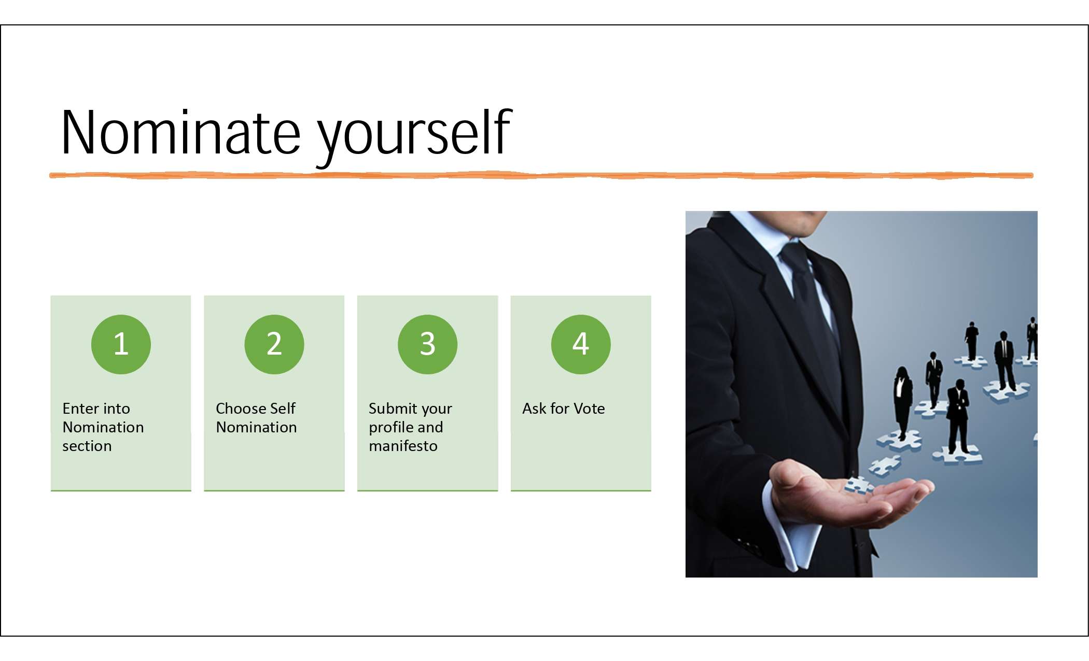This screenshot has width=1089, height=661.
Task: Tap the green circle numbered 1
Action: pos(121,344)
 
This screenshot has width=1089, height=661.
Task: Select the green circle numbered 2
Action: pos(274,344)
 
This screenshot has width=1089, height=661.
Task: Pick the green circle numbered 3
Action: pos(427,344)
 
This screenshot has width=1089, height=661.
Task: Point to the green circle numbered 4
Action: pos(581,344)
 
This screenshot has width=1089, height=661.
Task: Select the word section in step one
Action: pos(87,446)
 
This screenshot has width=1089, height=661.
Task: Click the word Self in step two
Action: pos(283,409)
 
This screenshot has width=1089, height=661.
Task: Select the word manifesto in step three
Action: pos(403,446)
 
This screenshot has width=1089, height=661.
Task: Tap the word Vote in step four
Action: pos(589,409)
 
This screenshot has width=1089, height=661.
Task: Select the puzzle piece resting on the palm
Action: pos(858,485)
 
